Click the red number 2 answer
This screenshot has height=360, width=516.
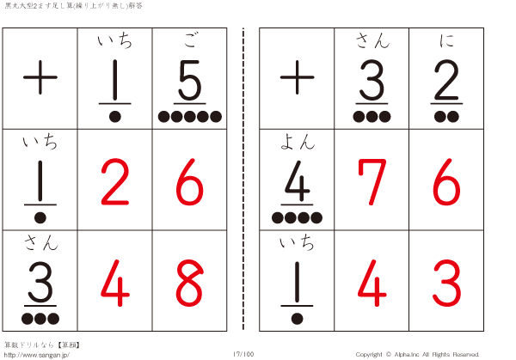coord(115,181)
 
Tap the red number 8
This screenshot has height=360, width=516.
coord(189,283)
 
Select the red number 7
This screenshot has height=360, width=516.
coord(372,181)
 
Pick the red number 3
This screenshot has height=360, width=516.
coord(446,283)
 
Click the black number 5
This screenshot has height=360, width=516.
coord(189,80)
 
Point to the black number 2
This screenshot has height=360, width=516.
coord(446,80)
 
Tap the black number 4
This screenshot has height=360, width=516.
coord(298,180)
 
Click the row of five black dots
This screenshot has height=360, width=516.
coord(190,116)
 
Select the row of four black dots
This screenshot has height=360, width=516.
coord(297,217)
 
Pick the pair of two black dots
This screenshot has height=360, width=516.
coord(446,116)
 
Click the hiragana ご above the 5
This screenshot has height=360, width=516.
coord(190,40)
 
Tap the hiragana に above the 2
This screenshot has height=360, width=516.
coord(446,40)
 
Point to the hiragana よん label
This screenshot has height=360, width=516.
coord(298,142)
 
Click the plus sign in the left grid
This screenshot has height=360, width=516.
coord(40,77)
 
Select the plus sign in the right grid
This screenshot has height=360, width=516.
coord(298,77)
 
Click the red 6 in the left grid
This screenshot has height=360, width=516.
coord(189,181)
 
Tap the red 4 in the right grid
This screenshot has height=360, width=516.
coord(372,283)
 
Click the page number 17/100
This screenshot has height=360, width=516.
coord(243,354)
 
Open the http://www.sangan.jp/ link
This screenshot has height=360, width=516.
coord(36,355)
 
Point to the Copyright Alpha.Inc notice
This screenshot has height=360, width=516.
coord(417,354)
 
